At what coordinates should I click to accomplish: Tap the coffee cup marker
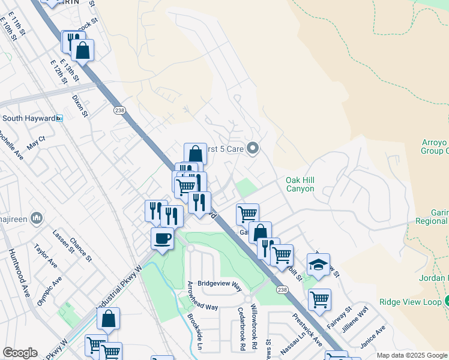click(x=162, y=239)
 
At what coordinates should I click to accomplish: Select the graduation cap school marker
click(x=318, y=265)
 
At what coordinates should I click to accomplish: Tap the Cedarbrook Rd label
click(x=241, y=329)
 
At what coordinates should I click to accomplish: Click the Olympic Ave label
click(x=49, y=291)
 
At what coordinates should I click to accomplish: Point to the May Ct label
click(x=37, y=142)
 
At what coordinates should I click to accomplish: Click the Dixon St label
click(x=79, y=105)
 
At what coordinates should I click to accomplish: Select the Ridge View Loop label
click(x=410, y=302)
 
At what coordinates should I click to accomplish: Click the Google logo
click(x=20, y=353)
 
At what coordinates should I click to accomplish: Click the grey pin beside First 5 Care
click(x=253, y=148)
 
